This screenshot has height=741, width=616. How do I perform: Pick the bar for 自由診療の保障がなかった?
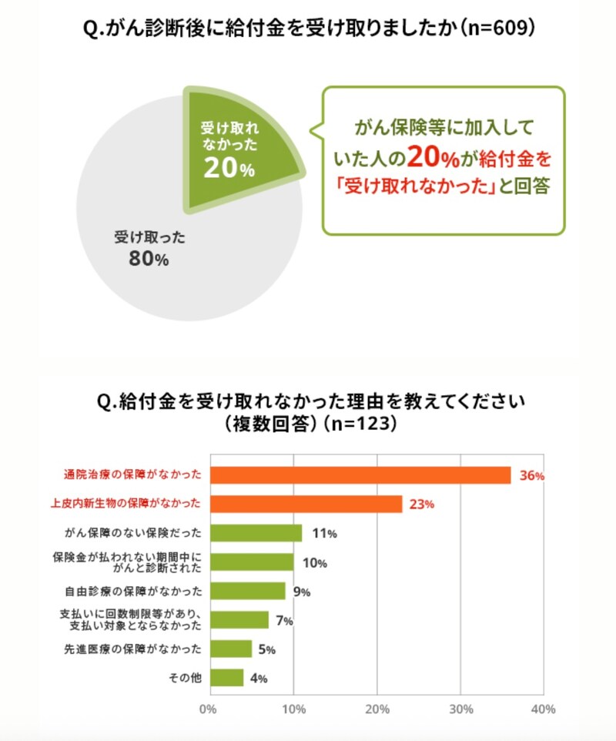pyautogui.click(x=247, y=591)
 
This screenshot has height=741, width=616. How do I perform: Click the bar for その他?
pyautogui.click(x=226, y=678)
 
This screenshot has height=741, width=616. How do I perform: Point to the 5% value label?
pyautogui.click(x=266, y=649)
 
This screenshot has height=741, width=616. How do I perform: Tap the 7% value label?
pyautogui.click(x=283, y=621)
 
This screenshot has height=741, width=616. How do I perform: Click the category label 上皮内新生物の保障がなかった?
pyautogui.click(x=126, y=504)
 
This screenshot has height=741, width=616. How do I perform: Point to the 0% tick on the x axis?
pyautogui.click(x=208, y=709)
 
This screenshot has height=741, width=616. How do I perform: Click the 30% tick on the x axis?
pyautogui.click(x=460, y=709)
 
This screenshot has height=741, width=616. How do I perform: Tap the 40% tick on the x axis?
pyautogui.click(x=543, y=709)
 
